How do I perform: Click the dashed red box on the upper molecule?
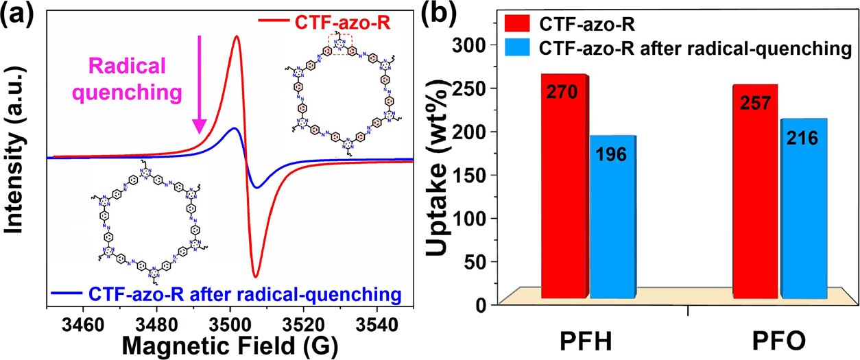(341, 45)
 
